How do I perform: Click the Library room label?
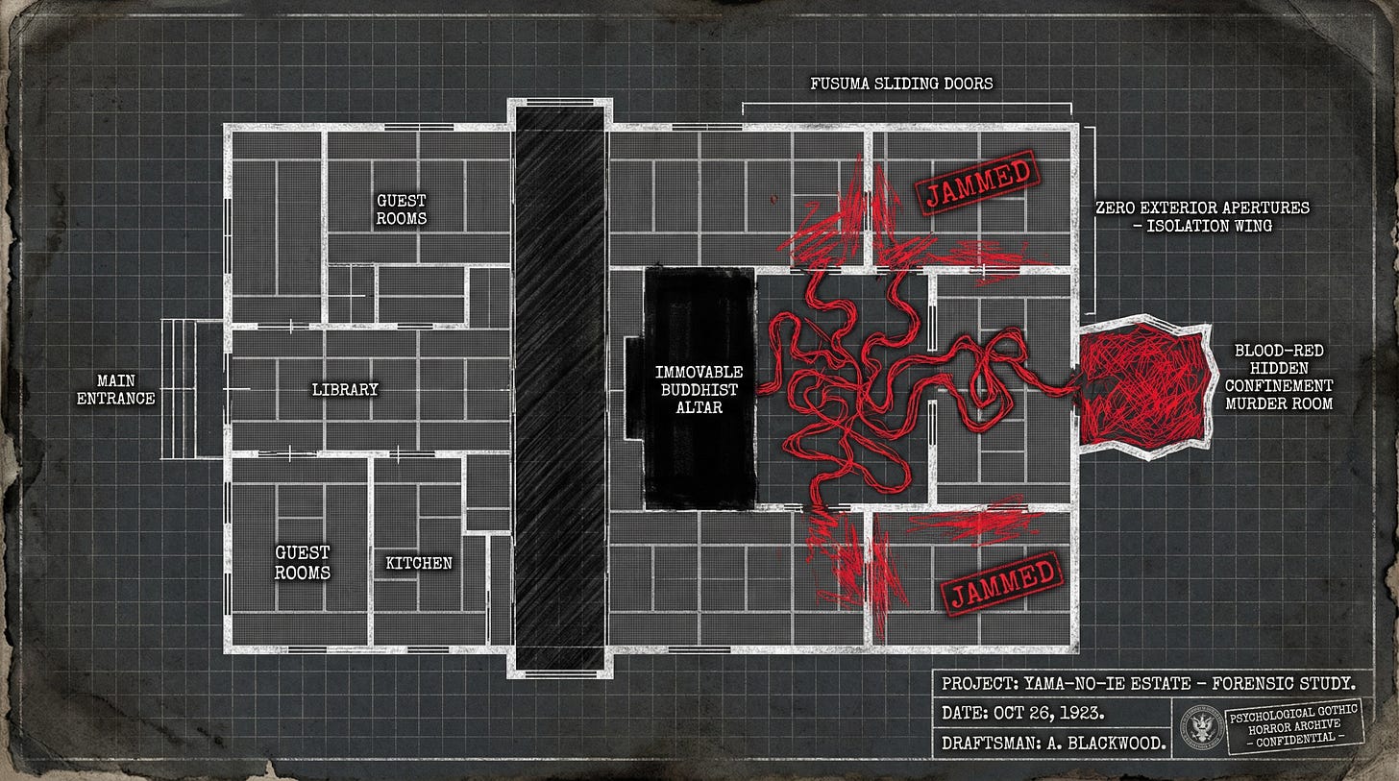345,390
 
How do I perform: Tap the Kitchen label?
419,563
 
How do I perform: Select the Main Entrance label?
115,390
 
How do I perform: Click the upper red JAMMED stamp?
979,184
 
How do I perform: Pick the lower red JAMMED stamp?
1002,581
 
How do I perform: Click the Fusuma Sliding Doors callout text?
901,84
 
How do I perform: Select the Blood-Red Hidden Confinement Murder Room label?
1279,377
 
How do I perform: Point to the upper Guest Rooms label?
402,209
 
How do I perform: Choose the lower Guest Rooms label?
303,562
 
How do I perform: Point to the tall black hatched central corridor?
559,388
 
